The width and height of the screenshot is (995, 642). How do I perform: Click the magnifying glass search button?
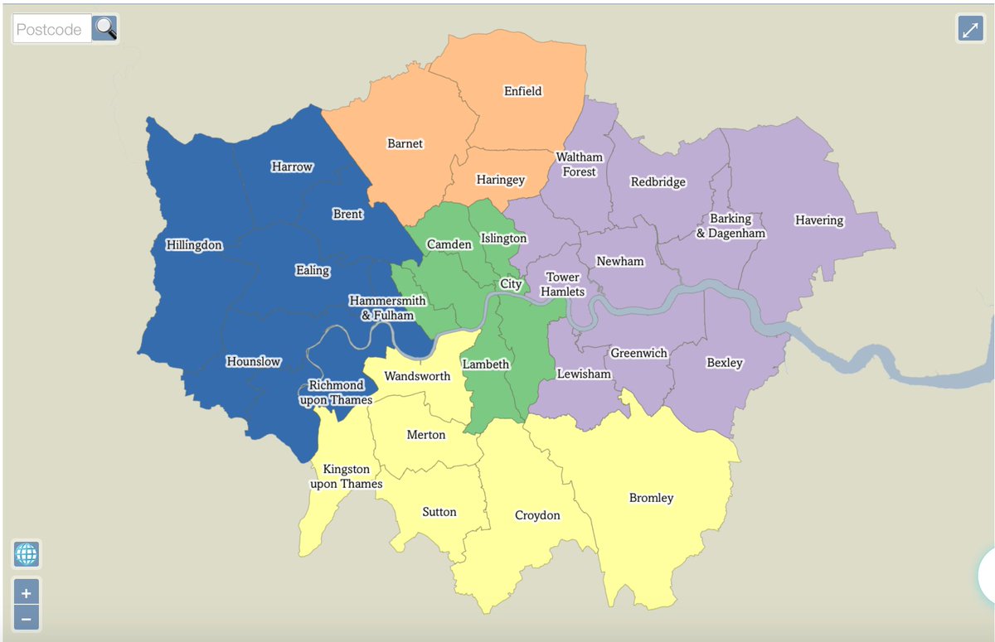[105, 28]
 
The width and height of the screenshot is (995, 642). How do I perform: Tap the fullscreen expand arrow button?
[969, 29]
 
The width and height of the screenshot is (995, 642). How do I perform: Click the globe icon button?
[26, 553]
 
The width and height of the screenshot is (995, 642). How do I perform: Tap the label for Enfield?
[522, 91]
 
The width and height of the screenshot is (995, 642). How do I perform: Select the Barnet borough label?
[405, 143]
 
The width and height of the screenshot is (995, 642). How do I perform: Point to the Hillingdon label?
[194, 245]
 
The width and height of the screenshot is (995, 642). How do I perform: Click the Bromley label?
[651, 498]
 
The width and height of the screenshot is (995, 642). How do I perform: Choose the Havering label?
[818, 220]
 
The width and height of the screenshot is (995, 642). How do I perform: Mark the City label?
[511, 284]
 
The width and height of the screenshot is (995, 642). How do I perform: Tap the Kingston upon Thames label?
[346, 476]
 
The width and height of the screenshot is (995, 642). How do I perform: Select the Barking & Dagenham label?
[730, 225]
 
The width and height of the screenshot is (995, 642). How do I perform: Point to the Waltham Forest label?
[579, 164]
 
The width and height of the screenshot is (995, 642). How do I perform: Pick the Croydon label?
[537, 515]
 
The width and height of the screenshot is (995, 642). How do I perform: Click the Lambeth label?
[485, 364]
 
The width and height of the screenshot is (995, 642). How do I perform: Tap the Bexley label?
[724, 363]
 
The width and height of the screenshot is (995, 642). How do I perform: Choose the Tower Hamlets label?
[564, 283]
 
